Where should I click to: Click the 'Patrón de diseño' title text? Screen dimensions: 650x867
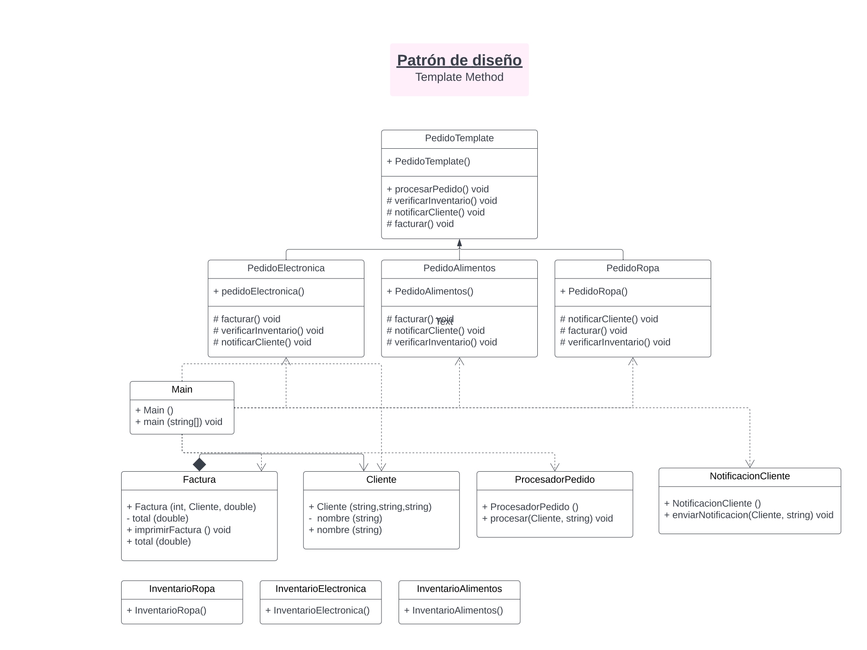(459, 61)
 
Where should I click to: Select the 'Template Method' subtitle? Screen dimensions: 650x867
(459, 77)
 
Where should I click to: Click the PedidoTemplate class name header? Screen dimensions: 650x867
(459, 138)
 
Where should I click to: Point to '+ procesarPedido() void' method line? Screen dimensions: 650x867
(437, 189)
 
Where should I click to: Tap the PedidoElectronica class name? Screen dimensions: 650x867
(286, 268)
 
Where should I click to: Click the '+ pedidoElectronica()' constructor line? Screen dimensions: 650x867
(258, 292)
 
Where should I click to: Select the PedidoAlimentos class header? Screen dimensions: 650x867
(459, 268)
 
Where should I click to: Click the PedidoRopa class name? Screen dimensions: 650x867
(633, 268)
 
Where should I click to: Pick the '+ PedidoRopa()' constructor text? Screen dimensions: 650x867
(593, 292)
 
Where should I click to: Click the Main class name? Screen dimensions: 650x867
(182, 389)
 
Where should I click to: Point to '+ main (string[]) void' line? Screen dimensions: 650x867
(178, 422)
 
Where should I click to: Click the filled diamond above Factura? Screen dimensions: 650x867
(199, 464)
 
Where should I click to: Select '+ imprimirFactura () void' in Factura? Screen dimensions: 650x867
(178, 530)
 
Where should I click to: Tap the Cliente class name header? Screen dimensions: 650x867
(381, 480)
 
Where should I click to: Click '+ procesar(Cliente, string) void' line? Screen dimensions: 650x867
(547, 518)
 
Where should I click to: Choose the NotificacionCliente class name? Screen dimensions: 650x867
(750, 476)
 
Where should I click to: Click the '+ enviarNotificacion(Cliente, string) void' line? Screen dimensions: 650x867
(748, 515)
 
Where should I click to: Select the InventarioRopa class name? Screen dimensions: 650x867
(182, 589)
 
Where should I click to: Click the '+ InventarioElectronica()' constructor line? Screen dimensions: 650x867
(317, 610)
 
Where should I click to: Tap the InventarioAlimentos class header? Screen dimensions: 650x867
(459, 589)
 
